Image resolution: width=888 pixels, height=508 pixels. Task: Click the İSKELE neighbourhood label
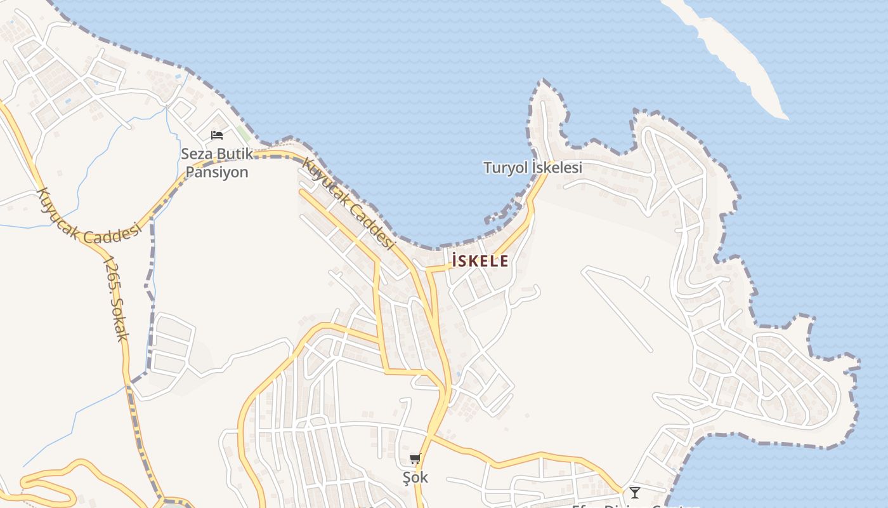point(480,260)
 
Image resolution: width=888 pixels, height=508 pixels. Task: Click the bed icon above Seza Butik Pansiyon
point(216,135)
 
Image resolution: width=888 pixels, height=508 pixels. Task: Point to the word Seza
point(196,154)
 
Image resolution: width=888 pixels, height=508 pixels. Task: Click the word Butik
point(235,154)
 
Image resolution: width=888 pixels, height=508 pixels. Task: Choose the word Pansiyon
point(216,172)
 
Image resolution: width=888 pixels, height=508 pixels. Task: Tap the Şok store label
point(415,478)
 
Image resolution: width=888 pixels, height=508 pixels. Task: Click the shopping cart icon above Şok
point(415,459)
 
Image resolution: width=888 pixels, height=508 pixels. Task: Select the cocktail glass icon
point(634,492)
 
